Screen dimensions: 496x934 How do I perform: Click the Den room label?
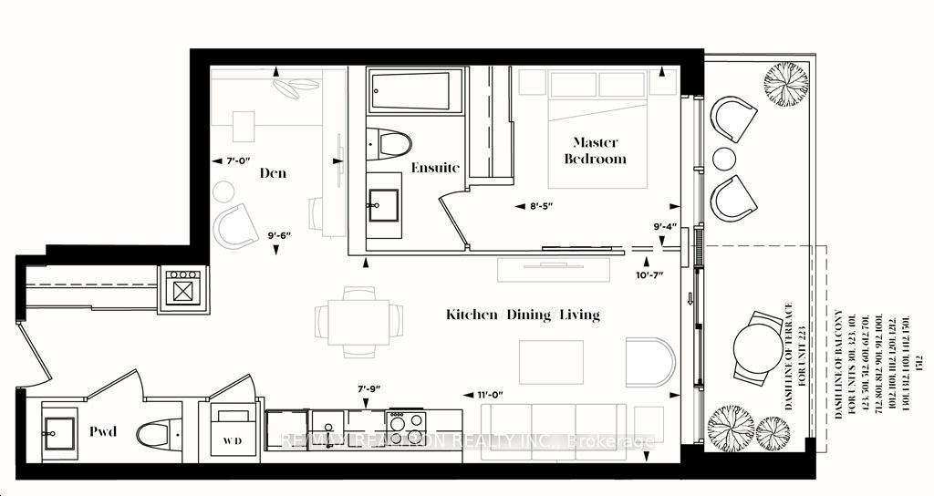[x=273, y=172]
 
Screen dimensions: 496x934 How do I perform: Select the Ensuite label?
[x=434, y=168]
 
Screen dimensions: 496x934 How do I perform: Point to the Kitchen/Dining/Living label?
[x=523, y=315]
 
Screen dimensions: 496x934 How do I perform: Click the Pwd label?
[x=102, y=431]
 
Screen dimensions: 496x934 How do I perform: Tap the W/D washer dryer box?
[x=233, y=430]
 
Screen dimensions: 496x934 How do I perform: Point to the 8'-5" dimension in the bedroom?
[x=540, y=205]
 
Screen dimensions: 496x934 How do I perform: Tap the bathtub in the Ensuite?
[x=410, y=90]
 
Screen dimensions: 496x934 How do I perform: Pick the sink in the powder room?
[x=60, y=429]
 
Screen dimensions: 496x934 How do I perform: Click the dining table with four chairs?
[x=358, y=320]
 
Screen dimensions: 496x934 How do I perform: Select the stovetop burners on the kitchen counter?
[x=406, y=421]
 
